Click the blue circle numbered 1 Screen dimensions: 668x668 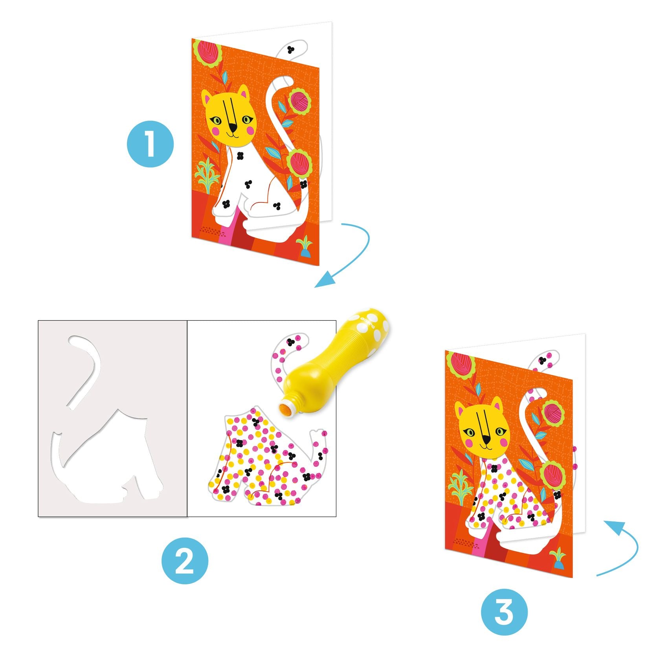pos(150,144)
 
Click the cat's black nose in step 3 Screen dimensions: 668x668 pos(486,440)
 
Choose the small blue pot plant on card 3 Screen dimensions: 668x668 pos(558,559)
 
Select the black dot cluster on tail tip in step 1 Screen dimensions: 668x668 pos(290,50)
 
